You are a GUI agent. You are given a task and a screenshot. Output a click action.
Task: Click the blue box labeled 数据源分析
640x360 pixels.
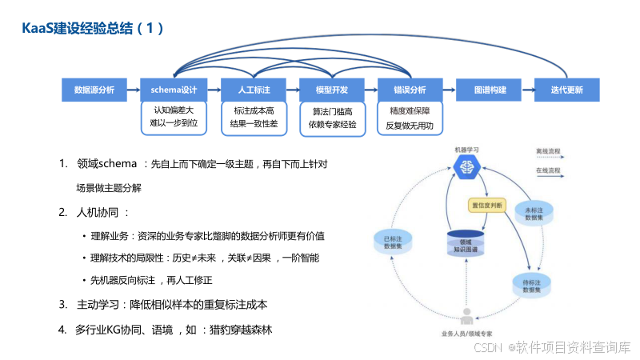click(94, 90)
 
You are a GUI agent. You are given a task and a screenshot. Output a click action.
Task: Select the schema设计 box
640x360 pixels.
click(174, 90)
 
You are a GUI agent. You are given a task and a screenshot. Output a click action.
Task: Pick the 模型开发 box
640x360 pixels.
click(330, 90)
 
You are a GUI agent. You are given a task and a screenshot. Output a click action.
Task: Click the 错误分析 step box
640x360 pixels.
click(409, 90)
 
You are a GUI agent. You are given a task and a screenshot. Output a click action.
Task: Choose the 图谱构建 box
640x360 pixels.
click(488, 90)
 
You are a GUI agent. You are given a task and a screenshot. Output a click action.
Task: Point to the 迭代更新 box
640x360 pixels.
click(566, 90)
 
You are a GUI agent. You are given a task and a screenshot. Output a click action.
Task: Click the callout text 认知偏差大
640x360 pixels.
click(174, 110)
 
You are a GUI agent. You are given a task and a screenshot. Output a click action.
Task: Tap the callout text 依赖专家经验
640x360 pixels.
click(331, 125)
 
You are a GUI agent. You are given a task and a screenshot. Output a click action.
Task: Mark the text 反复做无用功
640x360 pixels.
click(409, 125)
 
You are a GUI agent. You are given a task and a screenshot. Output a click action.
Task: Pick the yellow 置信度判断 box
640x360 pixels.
click(487, 205)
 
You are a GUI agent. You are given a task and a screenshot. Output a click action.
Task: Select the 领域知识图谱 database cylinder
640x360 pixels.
click(465, 240)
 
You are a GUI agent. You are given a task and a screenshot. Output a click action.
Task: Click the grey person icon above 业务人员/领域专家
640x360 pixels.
click(466, 315)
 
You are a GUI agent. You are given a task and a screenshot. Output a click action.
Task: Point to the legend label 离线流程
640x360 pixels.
click(548, 150)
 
